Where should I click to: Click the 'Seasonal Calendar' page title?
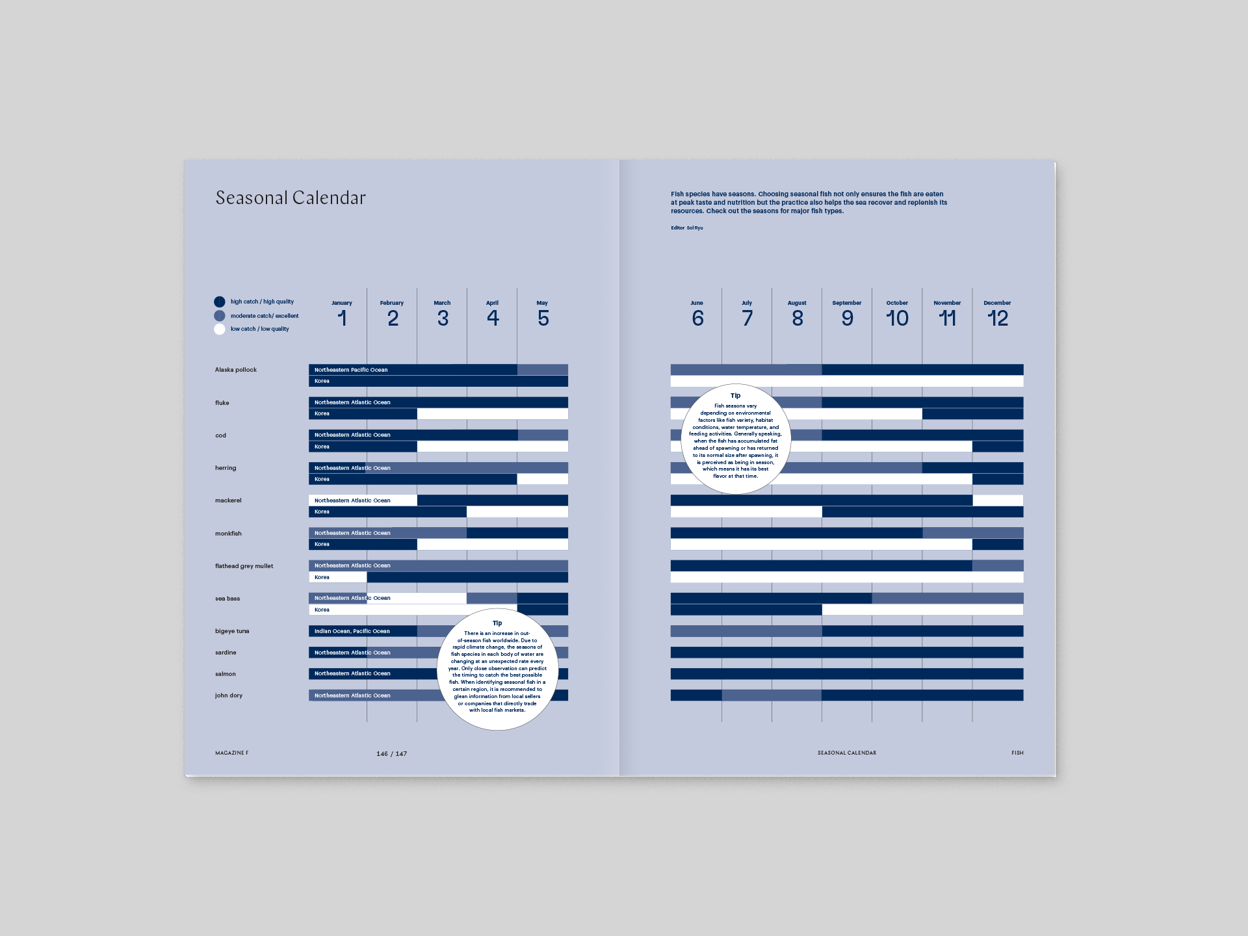pyautogui.click(x=291, y=198)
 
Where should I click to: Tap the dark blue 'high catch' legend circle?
pyautogui.click(x=220, y=302)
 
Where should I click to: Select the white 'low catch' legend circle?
pyautogui.click(x=220, y=329)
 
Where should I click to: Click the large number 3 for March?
pyautogui.click(x=443, y=318)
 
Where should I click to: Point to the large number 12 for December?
pyautogui.click(x=997, y=318)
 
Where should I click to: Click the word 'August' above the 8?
pyautogui.click(x=797, y=303)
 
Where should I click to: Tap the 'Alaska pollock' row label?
pyautogui.click(x=236, y=370)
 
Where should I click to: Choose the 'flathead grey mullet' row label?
pyautogui.click(x=244, y=566)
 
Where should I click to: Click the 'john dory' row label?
pyautogui.click(x=229, y=695)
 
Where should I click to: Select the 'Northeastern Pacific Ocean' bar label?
pyautogui.click(x=351, y=370)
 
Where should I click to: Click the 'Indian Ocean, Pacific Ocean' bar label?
pyautogui.click(x=352, y=631)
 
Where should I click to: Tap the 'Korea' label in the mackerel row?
pyautogui.click(x=322, y=512)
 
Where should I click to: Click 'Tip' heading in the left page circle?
pyautogui.click(x=497, y=623)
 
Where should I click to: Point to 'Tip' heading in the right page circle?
pyautogui.click(x=735, y=396)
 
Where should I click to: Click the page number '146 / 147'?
pyautogui.click(x=391, y=754)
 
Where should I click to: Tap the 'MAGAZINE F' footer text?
pyautogui.click(x=232, y=753)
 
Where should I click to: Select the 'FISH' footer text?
pyautogui.click(x=1017, y=753)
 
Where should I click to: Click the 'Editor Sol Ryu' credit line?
pyautogui.click(x=687, y=228)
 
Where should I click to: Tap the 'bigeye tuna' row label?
pyautogui.click(x=232, y=631)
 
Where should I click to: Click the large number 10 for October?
pyautogui.click(x=897, y=318)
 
